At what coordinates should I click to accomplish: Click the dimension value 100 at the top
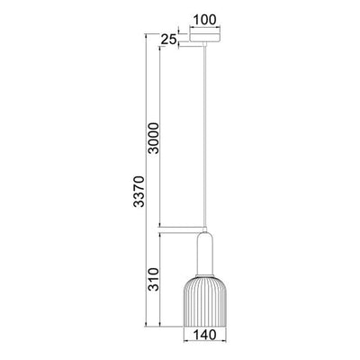point(206,17)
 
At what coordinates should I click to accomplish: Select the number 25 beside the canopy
point(167,40)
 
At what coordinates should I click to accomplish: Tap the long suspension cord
point(206,135)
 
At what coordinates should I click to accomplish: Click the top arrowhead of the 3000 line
point(161,49)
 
